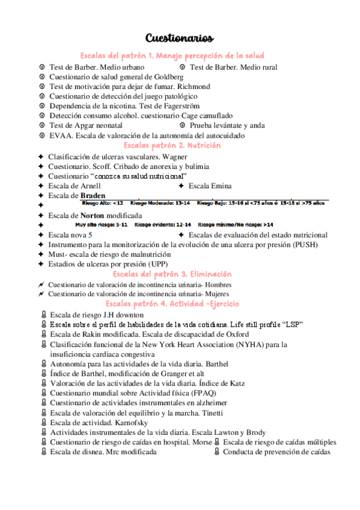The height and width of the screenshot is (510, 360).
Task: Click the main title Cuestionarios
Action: pos(179,39)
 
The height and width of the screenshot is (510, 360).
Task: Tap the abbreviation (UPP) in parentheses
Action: pos(156,263)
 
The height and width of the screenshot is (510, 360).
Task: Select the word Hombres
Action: pos(219,284)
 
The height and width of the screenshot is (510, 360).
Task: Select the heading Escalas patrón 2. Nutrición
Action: pos(172,146)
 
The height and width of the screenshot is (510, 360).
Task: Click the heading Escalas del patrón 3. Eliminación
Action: pos(172,274)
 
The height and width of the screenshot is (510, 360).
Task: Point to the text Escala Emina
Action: pos(210,186)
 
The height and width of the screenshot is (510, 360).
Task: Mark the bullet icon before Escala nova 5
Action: pos(40,235)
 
